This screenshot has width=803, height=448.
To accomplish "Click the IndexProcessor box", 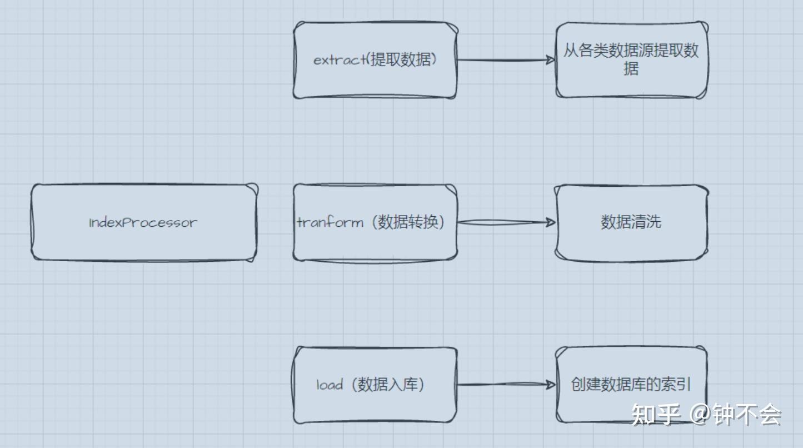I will (x=143, y=222).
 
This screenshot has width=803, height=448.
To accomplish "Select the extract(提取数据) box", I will (x=375, y=60).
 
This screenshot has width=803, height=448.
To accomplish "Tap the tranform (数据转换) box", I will (x=375, y=222).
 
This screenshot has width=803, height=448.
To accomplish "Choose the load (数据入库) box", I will (x=375, y=385).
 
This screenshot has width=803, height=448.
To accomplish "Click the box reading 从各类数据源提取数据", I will (x=631, y=60).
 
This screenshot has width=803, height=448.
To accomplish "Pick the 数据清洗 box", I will (x=631, y=222).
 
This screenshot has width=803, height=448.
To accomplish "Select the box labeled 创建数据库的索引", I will (x=631, y=385).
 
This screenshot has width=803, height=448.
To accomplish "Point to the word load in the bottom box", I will (x=330, y=385).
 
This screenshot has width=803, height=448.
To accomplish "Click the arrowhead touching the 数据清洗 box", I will (x=551, y=222).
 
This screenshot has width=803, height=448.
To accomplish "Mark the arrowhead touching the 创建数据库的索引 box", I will (x=551, y=385).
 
